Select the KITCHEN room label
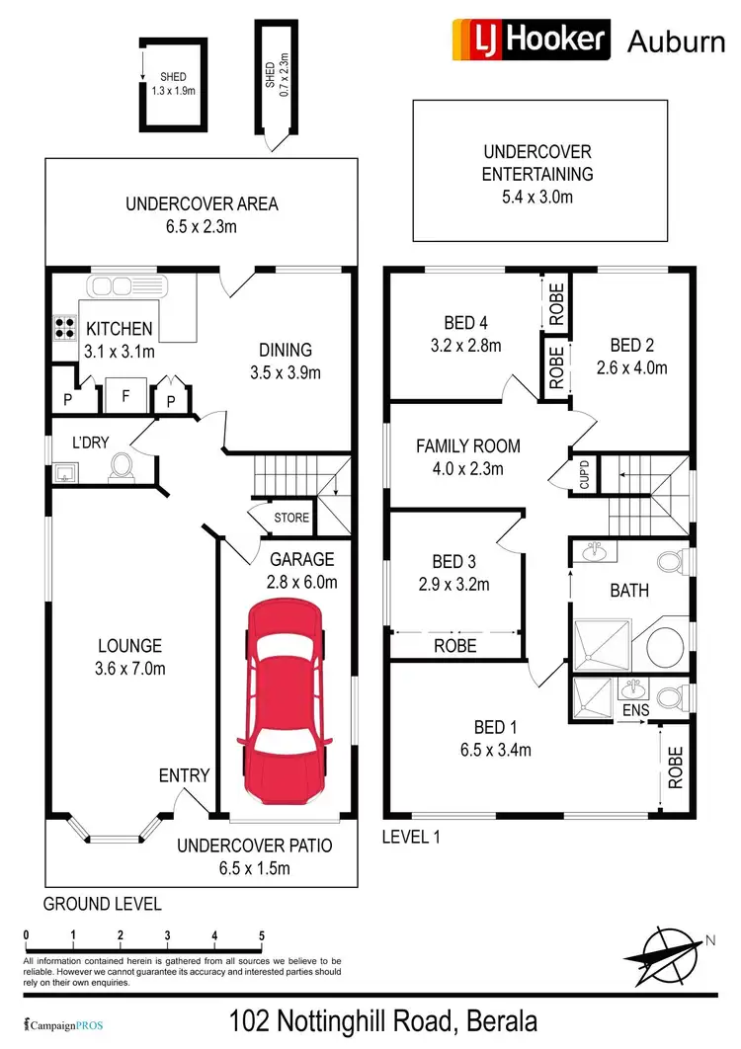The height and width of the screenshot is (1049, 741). pos(119,329)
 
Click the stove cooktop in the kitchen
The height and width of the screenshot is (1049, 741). pos(65,326)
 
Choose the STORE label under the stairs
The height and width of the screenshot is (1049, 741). pos(290,518)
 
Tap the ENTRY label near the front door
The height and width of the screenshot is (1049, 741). pos(185,775)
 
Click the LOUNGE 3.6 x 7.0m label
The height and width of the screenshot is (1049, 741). pos(129,657)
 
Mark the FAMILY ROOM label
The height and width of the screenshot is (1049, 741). pos(468,446)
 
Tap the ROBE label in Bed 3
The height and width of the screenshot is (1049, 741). pos(455,645)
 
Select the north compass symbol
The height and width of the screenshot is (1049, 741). pos(666,949)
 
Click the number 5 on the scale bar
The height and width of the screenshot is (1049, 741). pos(262,934)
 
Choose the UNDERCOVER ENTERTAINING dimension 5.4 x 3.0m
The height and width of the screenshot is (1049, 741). pos(536,197)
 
